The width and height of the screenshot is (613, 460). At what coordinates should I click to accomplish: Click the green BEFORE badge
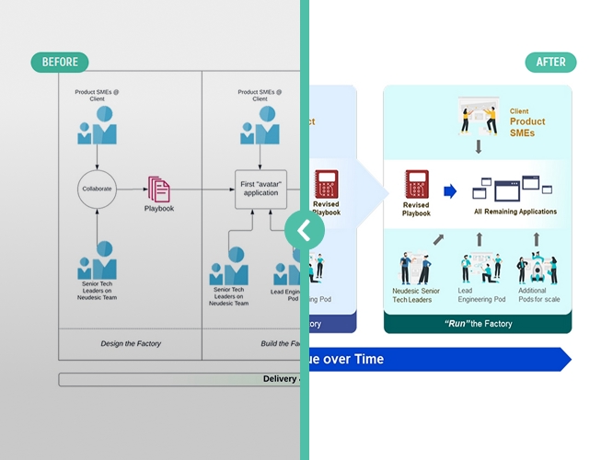(x=60, y=63)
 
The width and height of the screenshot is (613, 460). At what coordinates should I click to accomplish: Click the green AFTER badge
(x=550, y=63)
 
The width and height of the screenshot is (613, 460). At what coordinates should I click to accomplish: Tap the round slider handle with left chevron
(x=304, y=230)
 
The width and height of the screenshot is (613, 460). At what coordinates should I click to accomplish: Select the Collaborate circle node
(x=96, y=189)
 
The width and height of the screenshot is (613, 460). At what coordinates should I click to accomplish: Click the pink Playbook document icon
(x=158, y=189)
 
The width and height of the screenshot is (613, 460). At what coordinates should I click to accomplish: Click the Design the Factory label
(x=130, y=343)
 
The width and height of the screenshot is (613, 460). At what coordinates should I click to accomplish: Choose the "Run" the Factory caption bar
(x=477, y=324)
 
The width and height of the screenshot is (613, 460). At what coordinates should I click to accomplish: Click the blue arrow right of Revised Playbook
(x=450, y=191)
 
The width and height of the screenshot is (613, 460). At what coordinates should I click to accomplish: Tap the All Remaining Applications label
(x=515, y=212)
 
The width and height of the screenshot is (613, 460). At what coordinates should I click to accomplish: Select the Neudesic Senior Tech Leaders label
(x=417, y=296)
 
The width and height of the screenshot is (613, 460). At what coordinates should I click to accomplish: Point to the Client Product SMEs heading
(x=526, y=121)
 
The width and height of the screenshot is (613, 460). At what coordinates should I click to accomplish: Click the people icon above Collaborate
(x=96, y=126)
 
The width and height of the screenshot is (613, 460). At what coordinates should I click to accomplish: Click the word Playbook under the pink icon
(x=158, y=209)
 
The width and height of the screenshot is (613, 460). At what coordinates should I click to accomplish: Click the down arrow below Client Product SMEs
(x=478, y=147)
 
